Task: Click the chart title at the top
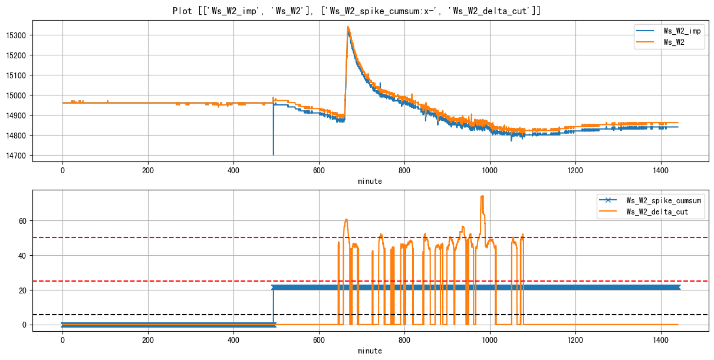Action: [357, 11]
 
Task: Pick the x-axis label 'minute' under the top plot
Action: [370, 181]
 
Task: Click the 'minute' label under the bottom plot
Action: [370, 351]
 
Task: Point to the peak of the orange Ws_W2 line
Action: [348, 27]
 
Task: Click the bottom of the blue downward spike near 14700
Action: [273, 154]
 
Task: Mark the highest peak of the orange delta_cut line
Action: [482, 196]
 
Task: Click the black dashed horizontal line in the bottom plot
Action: [177, 315]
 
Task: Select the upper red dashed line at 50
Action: [177, 237]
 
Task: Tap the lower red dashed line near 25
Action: [177, 281]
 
